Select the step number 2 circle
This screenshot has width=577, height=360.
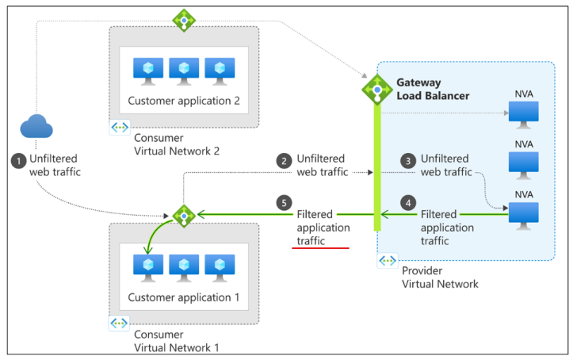(284, 159)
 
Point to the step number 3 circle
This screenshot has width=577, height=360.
(408, 159)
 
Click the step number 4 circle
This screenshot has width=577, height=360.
(408, 204)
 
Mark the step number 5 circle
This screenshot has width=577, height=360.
(284, 204)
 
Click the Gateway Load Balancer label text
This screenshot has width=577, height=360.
(432, 89)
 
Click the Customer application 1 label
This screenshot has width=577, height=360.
(182, 299)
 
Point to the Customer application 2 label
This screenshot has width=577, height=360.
(182, 101)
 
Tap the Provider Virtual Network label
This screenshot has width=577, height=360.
(440, 277)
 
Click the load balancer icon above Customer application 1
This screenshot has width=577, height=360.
(184, 214)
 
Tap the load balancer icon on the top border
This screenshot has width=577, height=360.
(184, 20)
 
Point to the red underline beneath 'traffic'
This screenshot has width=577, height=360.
(319, 248)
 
